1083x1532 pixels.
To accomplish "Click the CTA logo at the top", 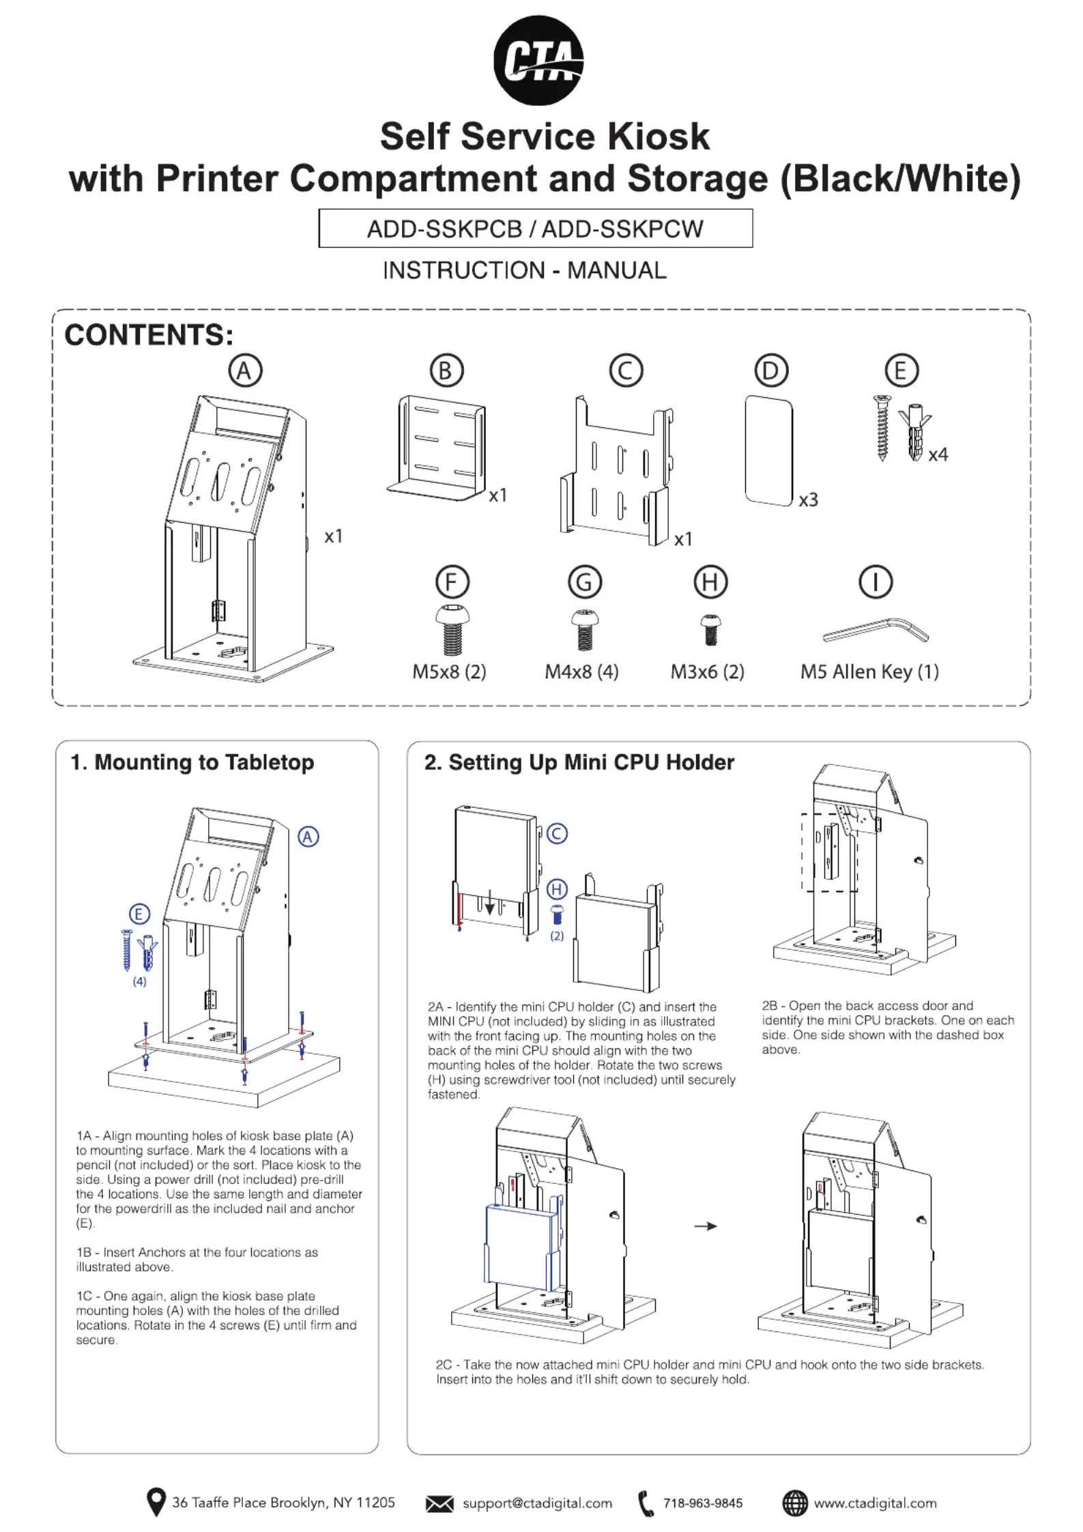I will click(x=538, y=60).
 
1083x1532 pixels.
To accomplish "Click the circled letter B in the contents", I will click(x=446, y=371).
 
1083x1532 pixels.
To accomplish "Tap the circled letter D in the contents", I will click(x=771, y=371).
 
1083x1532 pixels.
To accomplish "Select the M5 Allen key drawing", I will click(x=876, y=631).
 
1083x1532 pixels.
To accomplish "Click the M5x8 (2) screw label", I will click(x=449, y=671).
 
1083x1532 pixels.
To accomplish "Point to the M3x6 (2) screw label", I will click(x=707, y=671).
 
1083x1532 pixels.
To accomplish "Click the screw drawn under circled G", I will click(x=584, y=629).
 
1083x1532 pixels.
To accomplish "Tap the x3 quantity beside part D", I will click(x=808, y=500).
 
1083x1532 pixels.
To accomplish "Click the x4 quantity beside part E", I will click(x=938, y=454).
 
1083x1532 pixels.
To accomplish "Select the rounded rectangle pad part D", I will click(x=769, y=450).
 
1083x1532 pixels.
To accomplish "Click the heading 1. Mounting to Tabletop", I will click(x=192, y=762).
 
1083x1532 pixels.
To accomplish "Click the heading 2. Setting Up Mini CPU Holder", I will click(x=579, y=762).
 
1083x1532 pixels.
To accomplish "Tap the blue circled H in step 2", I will click(x=557, y=889).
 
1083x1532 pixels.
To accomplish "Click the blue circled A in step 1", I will click(x=308, y=837).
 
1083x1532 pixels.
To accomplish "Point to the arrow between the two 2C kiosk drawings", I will click(x=705, y=1226).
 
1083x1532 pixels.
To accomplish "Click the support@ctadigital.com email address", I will click(x=537, y=1503).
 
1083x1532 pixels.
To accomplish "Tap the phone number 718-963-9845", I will click(x=702, y=1503).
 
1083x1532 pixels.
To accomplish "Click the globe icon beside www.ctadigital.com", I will click(x=794, y=1503).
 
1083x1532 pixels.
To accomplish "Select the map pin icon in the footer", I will click(x=156, y=1502).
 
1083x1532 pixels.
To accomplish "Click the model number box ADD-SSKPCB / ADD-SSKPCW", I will click(x=535, y=229).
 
